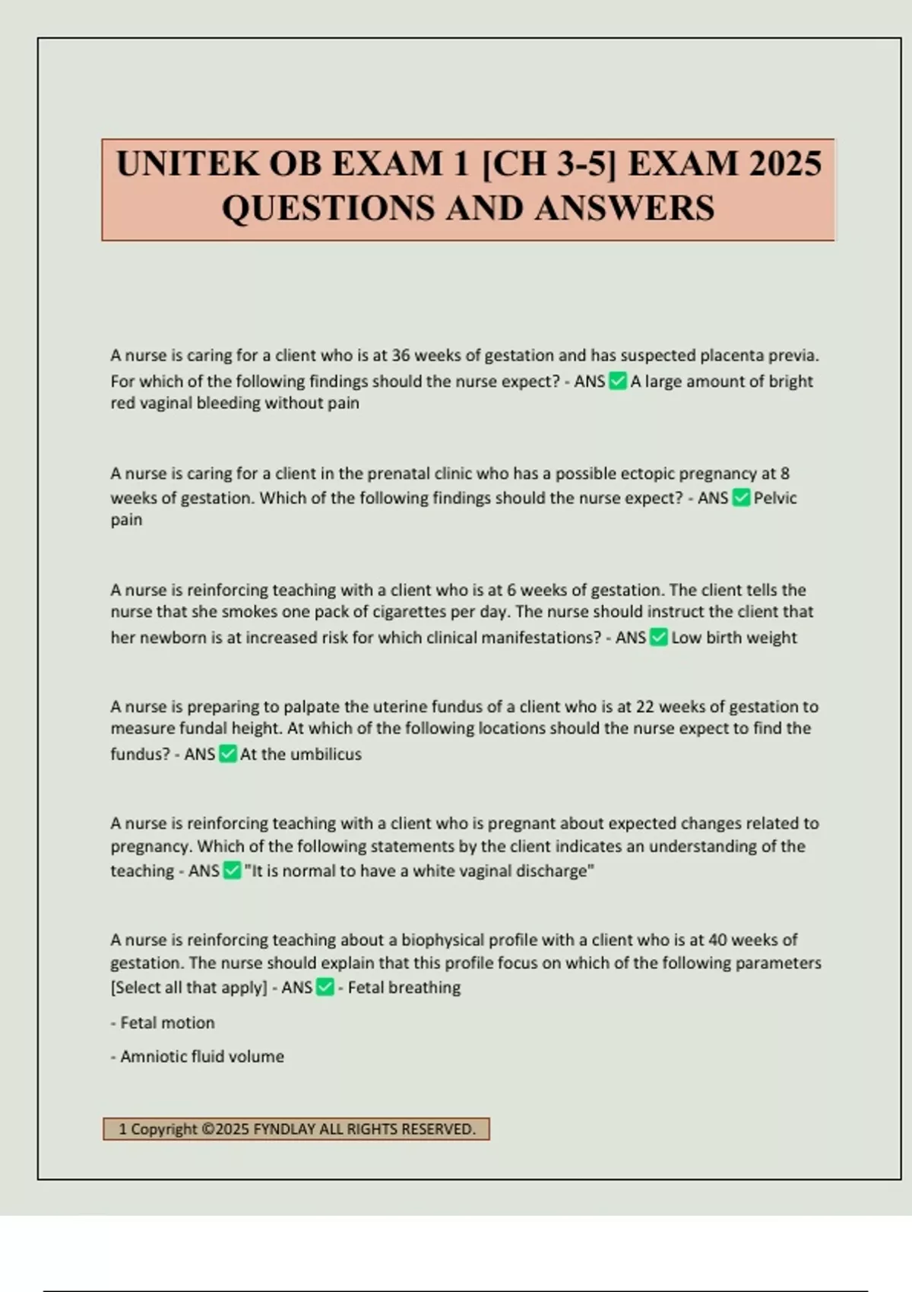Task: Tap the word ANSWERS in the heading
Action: point(625,208)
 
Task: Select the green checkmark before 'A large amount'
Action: point(618,381)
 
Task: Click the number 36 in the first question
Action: point(401,355)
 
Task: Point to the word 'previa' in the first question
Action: point(793,355)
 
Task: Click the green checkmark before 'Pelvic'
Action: point(741,498)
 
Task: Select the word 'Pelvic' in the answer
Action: point(775,498)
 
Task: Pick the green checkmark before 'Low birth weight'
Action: point(659,638)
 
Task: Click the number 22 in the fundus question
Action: point(644,707)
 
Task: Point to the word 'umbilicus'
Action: point(326,754)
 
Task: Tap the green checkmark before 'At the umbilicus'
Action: point(228,754)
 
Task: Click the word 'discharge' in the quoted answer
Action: point(553,871)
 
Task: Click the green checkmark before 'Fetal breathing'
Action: point(325,987)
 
